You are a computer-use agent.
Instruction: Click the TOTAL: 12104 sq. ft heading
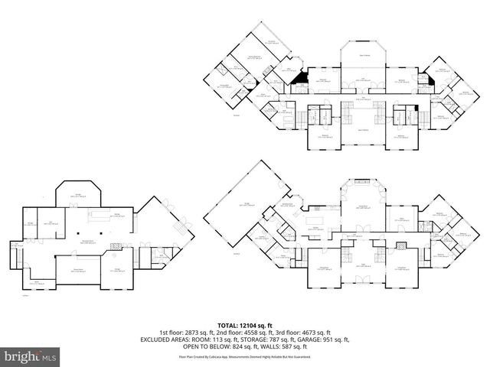[245, 324]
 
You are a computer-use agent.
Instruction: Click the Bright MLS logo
[31, 356]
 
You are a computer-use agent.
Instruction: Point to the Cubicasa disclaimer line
[245, 356]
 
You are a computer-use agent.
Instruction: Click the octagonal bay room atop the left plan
[78, 195]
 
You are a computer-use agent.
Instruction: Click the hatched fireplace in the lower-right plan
[400, 246]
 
